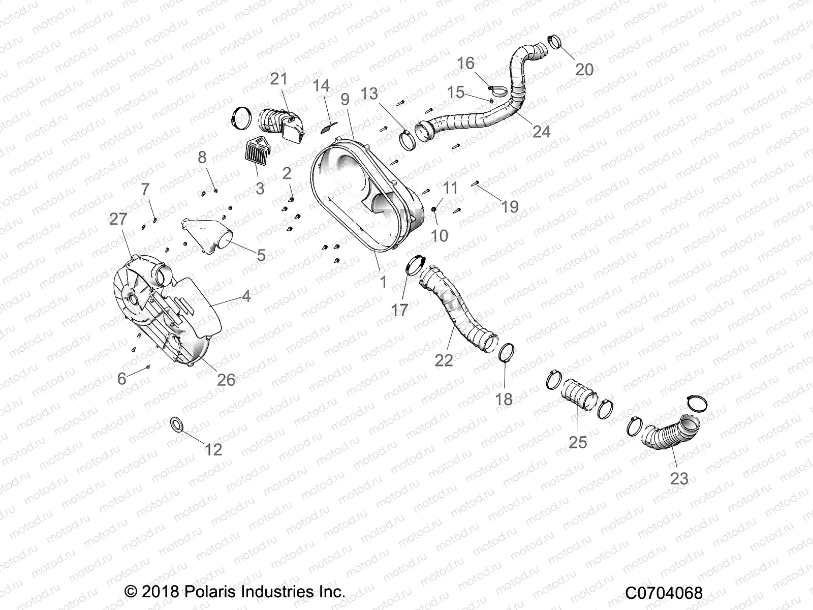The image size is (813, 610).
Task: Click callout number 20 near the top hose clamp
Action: point(584,69)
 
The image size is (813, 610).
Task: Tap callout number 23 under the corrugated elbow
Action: point(679,478)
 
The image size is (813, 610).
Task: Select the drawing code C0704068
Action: point(664,593)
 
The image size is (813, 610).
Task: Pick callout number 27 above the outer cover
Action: point(118,219)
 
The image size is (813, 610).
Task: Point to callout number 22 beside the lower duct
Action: point(444,360)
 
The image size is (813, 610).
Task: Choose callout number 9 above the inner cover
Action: point(345,99)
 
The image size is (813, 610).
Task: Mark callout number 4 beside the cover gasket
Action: point(246,296)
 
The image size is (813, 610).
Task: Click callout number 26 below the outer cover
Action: point(226,379)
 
